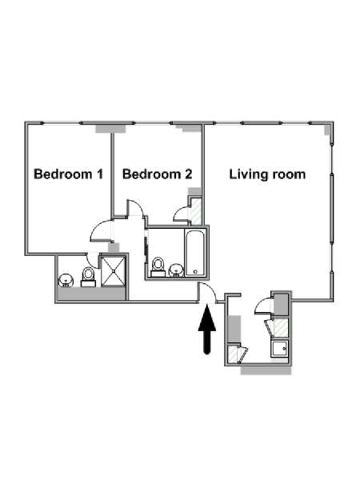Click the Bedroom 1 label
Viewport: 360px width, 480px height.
click(68, 174)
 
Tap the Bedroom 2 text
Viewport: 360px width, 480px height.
click(157, 174)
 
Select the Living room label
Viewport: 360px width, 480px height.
click(267, 174)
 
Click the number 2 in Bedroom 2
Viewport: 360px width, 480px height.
click(189, 174)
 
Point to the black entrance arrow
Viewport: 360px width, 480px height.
click(207, 329)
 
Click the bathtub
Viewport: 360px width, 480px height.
click(195, 253)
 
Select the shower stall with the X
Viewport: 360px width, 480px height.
click(114, 271)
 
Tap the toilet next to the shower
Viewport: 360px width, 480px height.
click(89, 278)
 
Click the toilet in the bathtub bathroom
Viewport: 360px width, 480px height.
click(158, 267)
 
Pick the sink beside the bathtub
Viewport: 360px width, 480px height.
click(176, 270)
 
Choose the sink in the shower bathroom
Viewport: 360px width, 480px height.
click(66, 281)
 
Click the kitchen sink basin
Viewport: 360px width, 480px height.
click(279, 349)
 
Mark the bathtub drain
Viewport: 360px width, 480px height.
click(195, 272)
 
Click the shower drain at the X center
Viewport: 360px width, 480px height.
click(114, 271)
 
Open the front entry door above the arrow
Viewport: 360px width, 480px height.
click(207, 293)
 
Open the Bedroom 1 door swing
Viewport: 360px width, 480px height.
click(102, 231)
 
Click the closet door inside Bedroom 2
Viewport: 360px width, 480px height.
click(182, 214)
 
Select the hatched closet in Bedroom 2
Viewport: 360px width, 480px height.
click(196, 211)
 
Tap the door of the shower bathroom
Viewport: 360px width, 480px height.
click(93, 261)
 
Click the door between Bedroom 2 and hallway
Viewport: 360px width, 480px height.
click(135, 208)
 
